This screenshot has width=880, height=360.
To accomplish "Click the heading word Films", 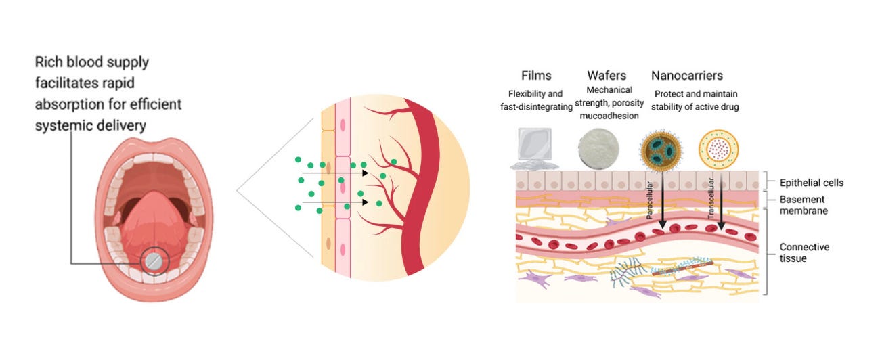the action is (537, 76).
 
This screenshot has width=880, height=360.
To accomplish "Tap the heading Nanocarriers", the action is (687, 76).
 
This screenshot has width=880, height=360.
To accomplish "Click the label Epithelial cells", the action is (812, 183).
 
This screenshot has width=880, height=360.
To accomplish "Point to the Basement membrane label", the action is (805, 205).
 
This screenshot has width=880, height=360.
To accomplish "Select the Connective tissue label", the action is (804, 252).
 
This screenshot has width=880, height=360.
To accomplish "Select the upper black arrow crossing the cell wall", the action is (335, 173).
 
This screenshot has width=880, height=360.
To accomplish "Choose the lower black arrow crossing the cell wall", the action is (335, 202).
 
